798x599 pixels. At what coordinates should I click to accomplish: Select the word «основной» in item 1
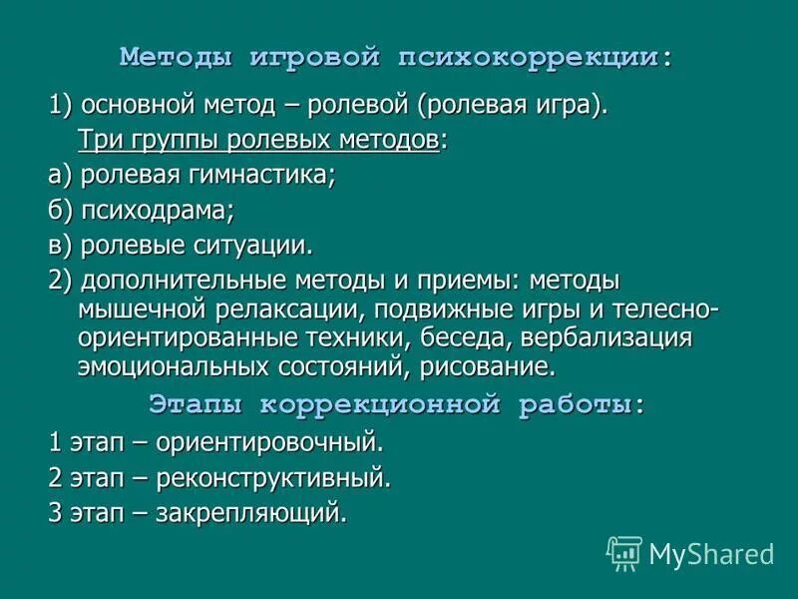130,105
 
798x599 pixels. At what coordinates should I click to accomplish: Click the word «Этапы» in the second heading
197,404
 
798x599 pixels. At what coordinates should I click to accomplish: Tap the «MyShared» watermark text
711,553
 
